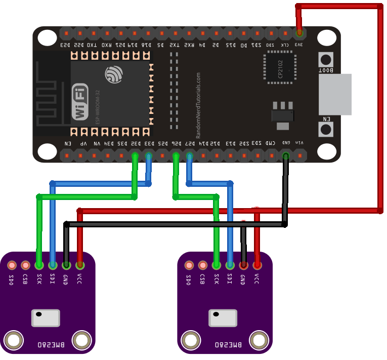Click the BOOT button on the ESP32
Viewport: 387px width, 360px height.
pos(325,59)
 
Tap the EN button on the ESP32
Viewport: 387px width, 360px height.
pos(325,129)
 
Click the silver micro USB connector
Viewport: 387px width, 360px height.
pos(334,94)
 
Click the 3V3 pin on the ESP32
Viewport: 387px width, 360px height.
pos(299,33)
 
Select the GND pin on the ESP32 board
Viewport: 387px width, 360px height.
pos(286,155)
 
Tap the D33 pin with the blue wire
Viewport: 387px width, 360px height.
pos(149,155)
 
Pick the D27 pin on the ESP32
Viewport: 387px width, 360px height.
pos(190,155)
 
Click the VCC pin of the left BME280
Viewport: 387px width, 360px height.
pos(79,265)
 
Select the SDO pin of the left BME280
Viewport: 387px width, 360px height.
pos(12,265)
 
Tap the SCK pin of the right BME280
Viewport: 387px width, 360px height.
pos(217,265)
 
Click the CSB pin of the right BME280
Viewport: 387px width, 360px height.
pos(203,265)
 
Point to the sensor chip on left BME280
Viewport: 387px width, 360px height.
pos(46,318)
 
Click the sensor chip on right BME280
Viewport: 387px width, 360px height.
pos(223,318)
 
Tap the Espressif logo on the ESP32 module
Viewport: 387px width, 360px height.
pos(113,75)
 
